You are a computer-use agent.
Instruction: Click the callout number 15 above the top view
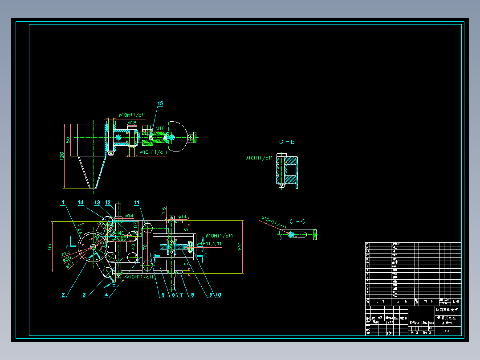coord(160,103)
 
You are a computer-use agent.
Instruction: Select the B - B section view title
coord(287,142)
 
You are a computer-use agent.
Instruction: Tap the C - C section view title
coord(297,221)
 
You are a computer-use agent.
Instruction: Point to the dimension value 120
coord(62,155)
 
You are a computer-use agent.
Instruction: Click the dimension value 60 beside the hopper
coord(68,140)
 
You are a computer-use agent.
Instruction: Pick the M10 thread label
coord(159,128)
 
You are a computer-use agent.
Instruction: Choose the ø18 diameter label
coord(132,123)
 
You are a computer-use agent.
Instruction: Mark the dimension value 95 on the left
coord(50,246)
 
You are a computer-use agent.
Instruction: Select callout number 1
coord(64,202)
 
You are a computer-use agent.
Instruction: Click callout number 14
coord(81,202)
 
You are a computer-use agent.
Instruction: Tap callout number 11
coord(137,202)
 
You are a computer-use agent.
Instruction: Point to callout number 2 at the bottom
coord(64,295)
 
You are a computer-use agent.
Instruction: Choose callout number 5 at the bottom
coord(163,295)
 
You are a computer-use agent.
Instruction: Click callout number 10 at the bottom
coord(218,295)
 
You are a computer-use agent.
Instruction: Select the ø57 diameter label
coord(70,265)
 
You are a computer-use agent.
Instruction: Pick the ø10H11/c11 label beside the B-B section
coord(259,158)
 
